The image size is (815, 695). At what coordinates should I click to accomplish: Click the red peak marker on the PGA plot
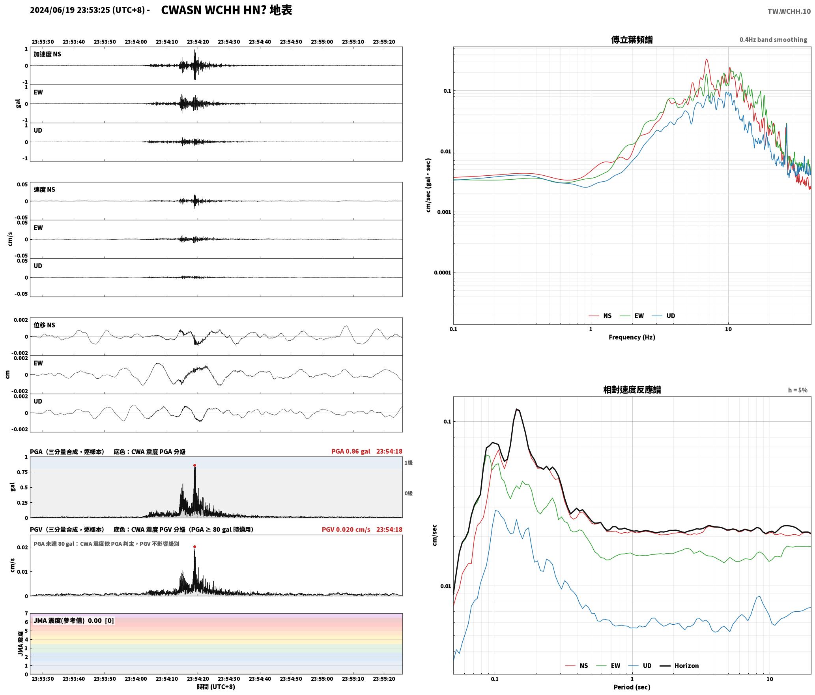(194, 466)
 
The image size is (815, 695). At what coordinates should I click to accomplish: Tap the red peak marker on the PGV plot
(194, 547)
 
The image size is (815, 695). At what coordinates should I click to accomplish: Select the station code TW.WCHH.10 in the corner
(789, 11)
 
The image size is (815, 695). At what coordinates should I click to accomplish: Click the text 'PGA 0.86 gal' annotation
(351, 451)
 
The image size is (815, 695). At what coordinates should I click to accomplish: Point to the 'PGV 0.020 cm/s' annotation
(346, 530)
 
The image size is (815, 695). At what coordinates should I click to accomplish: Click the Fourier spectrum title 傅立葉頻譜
(632, 40)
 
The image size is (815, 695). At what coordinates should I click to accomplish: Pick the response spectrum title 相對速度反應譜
(632, 390)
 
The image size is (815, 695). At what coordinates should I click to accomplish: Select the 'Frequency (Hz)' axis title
(632, 337)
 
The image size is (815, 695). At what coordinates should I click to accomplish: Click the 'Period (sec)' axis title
(632, 687)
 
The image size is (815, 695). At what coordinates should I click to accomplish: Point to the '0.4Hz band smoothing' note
(773, 40)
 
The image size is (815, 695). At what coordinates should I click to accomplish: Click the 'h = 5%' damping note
(798, 390)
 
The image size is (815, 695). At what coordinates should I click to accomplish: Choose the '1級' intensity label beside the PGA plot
(408, 463)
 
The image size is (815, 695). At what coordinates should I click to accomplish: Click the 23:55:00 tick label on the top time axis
(322, 42)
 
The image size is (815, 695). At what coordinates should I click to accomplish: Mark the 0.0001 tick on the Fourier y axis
(442, 272)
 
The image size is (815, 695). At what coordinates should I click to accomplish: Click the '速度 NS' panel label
(45, 190)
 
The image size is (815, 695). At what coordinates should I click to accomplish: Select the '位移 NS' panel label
(45, 325)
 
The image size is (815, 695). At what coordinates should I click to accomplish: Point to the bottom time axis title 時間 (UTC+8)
(216, 687)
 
